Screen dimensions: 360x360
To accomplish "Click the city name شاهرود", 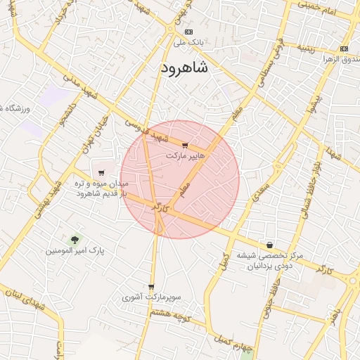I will click(184, 67).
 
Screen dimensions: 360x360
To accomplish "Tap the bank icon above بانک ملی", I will click(188, 32).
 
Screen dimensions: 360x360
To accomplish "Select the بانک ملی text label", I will click(188, 42).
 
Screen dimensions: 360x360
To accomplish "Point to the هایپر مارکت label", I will click(186, 155).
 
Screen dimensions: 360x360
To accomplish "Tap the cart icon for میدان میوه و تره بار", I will click(101, 173).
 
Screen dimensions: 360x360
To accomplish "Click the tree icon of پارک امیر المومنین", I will click(73, 240).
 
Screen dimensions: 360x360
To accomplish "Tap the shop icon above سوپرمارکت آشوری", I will click(151, 287).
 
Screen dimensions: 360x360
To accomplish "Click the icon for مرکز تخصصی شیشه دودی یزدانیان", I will click(269, 245).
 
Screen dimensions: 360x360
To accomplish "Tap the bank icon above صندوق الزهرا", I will click(344, 49).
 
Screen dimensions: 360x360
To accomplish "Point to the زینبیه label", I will click(309, 49).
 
